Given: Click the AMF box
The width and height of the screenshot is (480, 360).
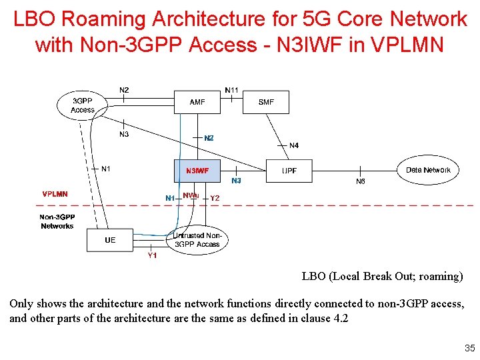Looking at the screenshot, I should click(x=197, y=103).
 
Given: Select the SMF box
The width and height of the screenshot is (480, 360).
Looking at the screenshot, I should click(x=266, y=103).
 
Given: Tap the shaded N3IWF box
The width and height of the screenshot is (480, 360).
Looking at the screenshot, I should click(x=197, y=171).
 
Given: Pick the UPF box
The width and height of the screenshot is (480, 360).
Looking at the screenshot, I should click(x=289, y=171).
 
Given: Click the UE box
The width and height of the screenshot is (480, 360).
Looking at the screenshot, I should click(x=110, y=240).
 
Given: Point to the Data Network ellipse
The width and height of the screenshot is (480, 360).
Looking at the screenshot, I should click(x=428, y=171).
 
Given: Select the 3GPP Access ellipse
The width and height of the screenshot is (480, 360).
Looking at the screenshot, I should click(x=83, y=105).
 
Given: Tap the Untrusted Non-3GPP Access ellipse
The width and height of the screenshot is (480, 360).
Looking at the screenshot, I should click(x=197, y=241).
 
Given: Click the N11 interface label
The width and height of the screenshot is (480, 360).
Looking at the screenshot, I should click(x=231, y=89).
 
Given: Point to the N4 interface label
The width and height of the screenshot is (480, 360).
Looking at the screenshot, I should click(x=294, y=145).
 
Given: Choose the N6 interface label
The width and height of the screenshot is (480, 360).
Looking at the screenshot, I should click(x=361, y=181).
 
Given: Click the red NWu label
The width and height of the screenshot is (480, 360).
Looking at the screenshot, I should click(x=191, y=195).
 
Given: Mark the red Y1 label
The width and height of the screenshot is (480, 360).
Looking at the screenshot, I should click(x=152, y=255).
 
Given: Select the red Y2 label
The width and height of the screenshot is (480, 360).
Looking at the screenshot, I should click(x=215, y=198).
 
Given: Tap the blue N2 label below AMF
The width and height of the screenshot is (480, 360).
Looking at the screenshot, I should click(x=209, y=138).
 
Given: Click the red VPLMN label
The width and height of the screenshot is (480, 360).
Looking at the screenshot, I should click(x=55, y=195).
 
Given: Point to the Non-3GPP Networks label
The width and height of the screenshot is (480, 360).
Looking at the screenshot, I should click(x=57, y=221).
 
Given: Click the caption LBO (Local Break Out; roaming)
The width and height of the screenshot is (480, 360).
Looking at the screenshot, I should click(x=382, y=276).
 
